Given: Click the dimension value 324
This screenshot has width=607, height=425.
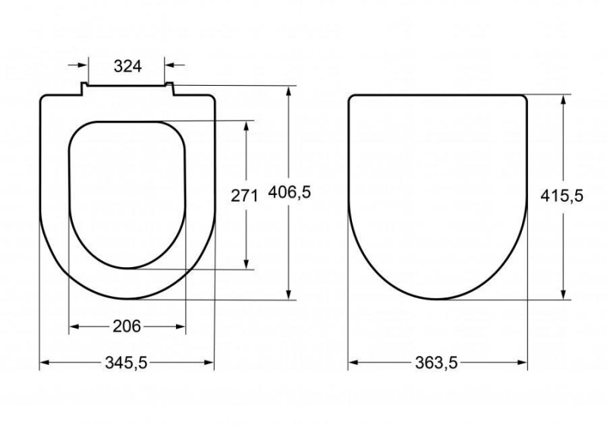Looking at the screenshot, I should click(x=127, y=66).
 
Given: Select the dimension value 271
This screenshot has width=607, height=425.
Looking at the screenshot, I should click(x=244, y=194).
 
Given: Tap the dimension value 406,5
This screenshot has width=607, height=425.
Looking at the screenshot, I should click(x=291, y=193).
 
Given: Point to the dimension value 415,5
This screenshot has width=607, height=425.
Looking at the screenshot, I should click(x=561, y=196).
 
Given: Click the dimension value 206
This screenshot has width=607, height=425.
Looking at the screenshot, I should click(x=127, y=326).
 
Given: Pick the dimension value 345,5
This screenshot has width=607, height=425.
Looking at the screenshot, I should click(x=127, y=364).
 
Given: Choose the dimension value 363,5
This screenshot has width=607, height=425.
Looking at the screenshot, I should click(x=437, y=364).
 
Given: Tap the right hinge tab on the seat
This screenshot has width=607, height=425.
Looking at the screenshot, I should click(x=171, y=89).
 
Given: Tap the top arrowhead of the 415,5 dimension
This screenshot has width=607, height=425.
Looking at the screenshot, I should click(x=562, y=99).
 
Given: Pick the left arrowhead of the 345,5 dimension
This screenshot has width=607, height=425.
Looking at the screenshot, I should click(x=44, y=364).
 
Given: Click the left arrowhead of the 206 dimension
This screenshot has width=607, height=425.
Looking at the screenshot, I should click(x=74, y=327).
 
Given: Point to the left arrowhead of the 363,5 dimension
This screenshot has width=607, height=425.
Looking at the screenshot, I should click(x=353, y=364).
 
